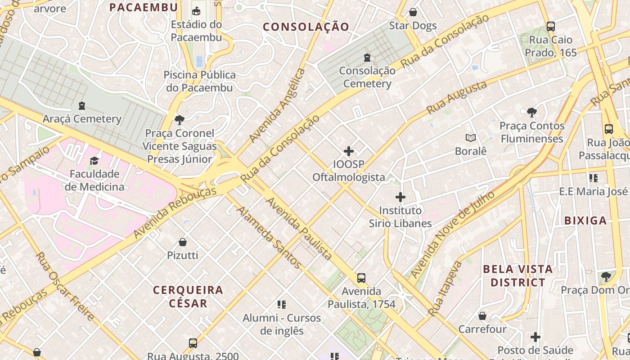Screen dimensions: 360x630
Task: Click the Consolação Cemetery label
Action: click(x=367, y=77)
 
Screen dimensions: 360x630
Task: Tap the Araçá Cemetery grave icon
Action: click(x=81, y=106)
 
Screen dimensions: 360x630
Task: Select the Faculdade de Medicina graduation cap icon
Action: click(x=94, y=161)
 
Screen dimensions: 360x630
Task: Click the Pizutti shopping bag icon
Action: click(x=183, y=242)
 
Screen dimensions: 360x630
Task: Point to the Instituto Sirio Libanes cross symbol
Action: click(x=400, y=197)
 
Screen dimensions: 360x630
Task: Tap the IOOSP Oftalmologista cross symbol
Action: click(x=349, y=151)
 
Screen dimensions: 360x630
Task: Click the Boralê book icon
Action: click(x=471, y=138)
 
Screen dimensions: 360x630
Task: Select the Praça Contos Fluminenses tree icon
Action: click(x=532, y=112)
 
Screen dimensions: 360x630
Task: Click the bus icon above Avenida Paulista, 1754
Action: click(x=361, y=278)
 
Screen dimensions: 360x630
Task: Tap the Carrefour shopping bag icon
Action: click(x=482, y=316)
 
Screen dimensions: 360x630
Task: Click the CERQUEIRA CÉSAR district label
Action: click(x=188, y=296)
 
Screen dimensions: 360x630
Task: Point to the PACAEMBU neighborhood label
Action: click(x=144, y=7)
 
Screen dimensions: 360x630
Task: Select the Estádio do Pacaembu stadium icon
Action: click(x=196, y=11)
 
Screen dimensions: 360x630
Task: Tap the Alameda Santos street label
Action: click(x=269, y=237)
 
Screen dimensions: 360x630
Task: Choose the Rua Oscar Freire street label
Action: click(x=65, y=286)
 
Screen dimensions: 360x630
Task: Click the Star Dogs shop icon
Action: click(x=413, y=12)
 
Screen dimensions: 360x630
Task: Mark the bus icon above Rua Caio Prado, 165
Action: click(x=550, y=27)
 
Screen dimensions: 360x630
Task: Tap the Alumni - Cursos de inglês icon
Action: click(x=282, y=305)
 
